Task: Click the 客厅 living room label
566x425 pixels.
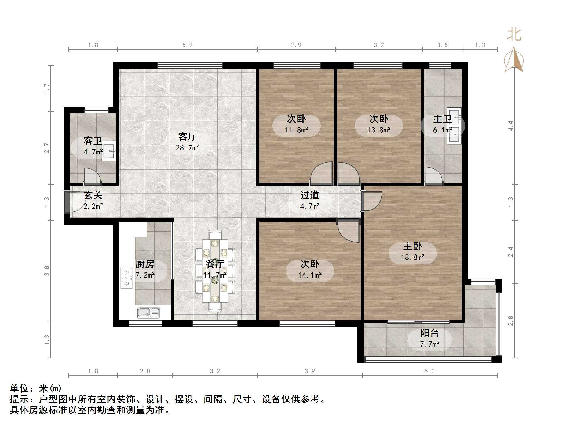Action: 187,136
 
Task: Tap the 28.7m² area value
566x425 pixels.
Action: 188,147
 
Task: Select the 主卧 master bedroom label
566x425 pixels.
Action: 412,246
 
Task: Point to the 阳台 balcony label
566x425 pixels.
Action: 429,333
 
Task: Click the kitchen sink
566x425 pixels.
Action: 148,313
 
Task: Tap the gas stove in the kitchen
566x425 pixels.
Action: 127,278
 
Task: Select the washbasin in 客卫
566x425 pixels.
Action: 109,151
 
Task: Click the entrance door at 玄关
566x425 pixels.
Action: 67,201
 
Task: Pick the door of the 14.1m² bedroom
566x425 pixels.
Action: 348,230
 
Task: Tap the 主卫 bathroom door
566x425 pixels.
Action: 433,176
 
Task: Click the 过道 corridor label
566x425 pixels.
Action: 310,195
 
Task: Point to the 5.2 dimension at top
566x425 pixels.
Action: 187,45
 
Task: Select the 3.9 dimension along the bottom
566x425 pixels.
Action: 310,371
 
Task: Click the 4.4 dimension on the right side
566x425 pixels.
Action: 511,126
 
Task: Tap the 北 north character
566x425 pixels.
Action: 514,35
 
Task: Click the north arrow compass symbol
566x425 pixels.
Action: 514,60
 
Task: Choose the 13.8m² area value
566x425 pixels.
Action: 379,130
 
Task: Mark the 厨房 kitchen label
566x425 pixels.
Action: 145,264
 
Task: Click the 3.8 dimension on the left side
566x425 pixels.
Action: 47,271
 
